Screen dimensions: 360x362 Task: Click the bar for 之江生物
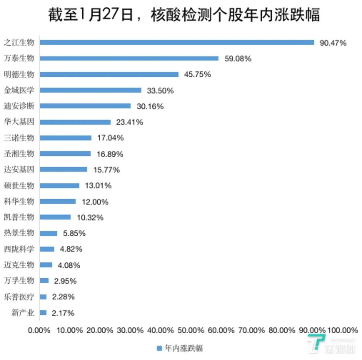click(177, 43)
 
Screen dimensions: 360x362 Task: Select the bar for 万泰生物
click(129, 58)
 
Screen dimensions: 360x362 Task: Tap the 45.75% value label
click(197, 74)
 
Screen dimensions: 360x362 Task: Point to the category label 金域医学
click(19, 90)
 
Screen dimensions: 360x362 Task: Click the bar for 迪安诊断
click(85, 106)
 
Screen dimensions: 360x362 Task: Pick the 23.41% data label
click(129, 122)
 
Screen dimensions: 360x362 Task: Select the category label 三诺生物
click(19, 138)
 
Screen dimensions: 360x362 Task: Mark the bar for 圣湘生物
click(65, 154)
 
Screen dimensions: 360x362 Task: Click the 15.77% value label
click(106, 170)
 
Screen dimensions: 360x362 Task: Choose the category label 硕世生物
click(19, 185)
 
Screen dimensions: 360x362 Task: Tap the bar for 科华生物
click(58, 201)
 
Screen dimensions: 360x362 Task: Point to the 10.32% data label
click(90, 218)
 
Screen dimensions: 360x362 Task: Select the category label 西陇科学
click(19, 249)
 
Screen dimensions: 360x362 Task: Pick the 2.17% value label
click(63, 313)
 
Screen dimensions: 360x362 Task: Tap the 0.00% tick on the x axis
click(40, 330)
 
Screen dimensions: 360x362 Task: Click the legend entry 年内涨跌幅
click(180, 348)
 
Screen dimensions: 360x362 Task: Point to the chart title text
click(183, 15)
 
